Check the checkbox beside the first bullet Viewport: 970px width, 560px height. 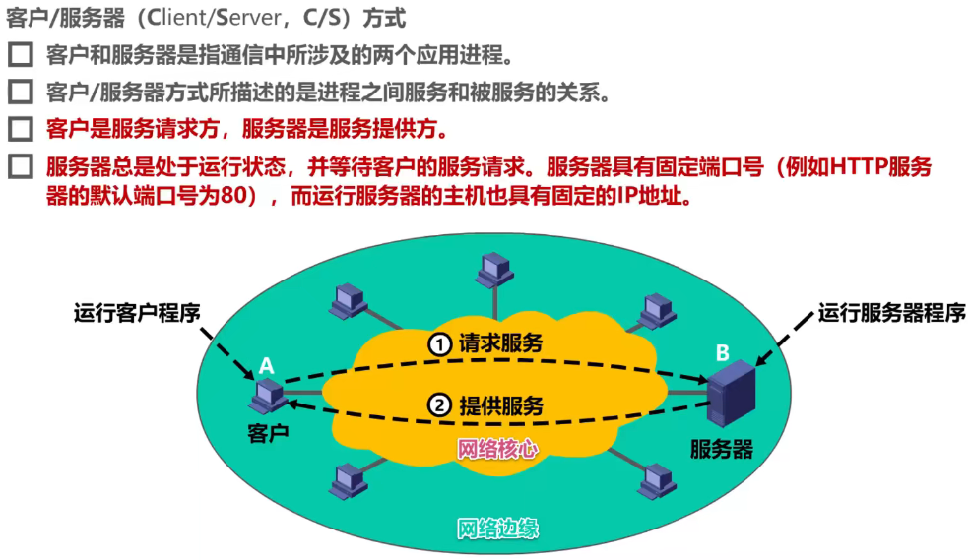(20, 55)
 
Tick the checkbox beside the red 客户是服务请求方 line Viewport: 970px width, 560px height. (20, 129)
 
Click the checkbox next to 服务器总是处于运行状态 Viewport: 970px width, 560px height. (20, 166)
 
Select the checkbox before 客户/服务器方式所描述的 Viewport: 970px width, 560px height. (20, 93)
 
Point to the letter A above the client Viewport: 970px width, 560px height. (266, 366)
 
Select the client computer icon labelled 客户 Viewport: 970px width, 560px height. (267, 398)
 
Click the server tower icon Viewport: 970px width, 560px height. (730, 398)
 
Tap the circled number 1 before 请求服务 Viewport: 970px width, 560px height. (439, 344)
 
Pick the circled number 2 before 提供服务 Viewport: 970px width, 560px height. (439, 405)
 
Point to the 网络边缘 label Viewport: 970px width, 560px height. (497, 529)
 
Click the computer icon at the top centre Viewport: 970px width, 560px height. (493, 267)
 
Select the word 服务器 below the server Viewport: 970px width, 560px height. (722, 450)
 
